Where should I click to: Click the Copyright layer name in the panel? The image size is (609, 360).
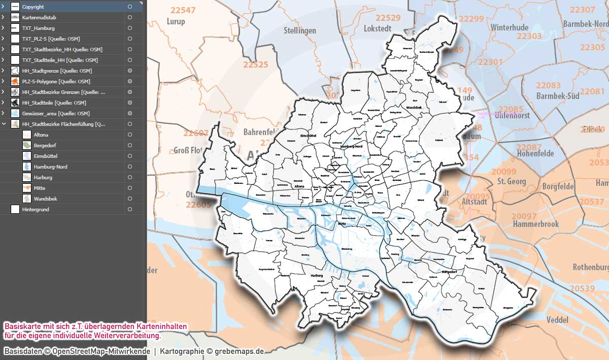tap(33, 7)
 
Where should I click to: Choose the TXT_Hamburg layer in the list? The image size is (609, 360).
tap(39, 28)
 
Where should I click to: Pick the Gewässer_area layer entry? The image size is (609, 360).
tap(56, 113)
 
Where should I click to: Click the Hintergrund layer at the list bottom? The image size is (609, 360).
tap(36, 209)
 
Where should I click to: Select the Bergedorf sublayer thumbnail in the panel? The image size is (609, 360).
tap(27, 145)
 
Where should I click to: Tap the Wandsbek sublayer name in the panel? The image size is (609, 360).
tap(45, 199)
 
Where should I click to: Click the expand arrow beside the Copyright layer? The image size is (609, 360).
tap(3, 7)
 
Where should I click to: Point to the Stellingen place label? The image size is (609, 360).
tap(299, 30)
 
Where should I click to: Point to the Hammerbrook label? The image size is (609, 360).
tap(535, 224)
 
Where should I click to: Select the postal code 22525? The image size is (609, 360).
tap(255, 65)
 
